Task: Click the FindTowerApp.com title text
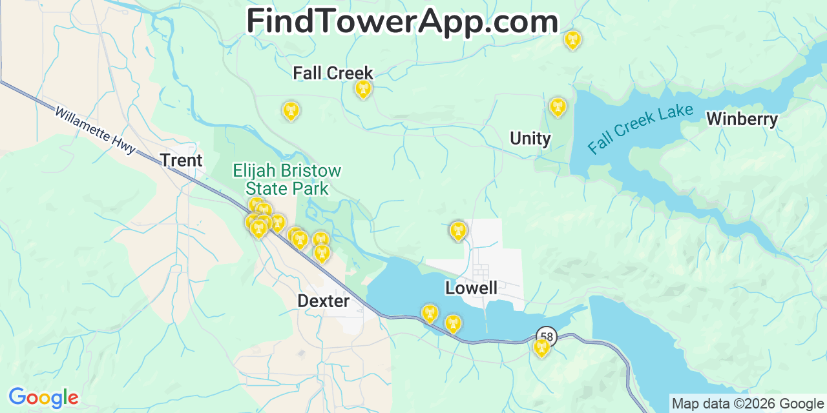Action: pos(402,22)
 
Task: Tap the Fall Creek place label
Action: pos(333,73)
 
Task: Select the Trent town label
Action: pos(181,160)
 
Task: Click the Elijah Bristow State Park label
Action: pos(287,180)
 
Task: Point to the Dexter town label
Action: pos(323,301)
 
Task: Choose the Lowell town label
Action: pos(471,288)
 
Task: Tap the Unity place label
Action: pos(530,138)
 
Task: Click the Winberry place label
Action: pos(742,119)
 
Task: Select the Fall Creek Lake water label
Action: pos(640,129)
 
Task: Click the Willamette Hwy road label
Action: pos(95,130)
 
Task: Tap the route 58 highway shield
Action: pos(547,336)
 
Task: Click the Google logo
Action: pos(43,398)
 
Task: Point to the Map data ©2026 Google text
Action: pos(748,404)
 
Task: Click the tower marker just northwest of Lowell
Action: pos(458,230)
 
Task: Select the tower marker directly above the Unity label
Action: pos(558,106)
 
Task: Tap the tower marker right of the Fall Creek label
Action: pos(364,88)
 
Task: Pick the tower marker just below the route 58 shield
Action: pos(541,348)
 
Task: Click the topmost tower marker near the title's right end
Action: pos(572,40)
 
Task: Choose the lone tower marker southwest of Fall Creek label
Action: pos(291,110)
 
